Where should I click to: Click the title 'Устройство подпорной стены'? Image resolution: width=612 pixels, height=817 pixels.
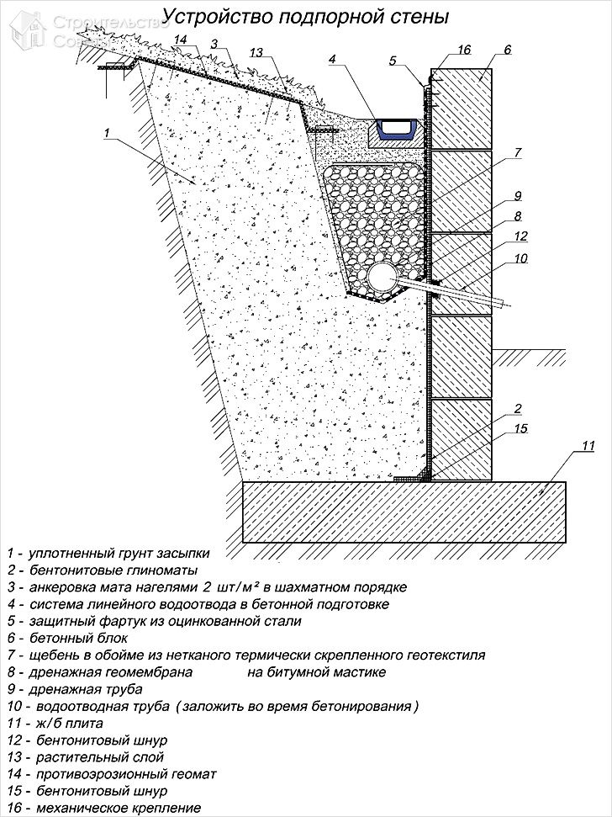pos(305,16)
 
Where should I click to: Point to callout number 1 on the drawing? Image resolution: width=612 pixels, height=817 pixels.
pos(107,133)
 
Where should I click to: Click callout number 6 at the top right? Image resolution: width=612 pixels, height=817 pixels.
pos(507,50)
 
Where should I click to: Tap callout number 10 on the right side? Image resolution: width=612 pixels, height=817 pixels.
pos(520,258)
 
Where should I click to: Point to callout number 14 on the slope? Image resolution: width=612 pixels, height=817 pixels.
pos(181,40)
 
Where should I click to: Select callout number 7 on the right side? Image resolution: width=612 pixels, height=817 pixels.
pos(518,152)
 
